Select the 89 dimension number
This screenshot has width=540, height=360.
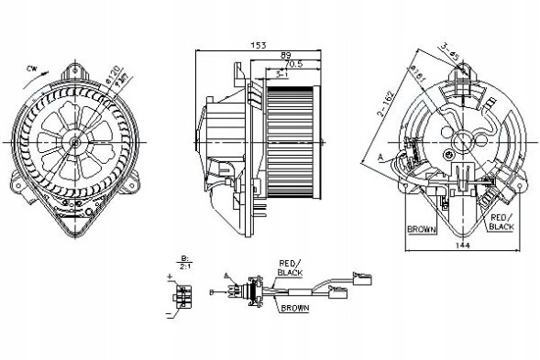click(286, 56)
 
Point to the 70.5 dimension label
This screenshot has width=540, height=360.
click(295, 65)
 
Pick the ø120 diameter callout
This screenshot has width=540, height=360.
click(115, 69)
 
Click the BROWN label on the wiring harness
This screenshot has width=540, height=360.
click(293, 308)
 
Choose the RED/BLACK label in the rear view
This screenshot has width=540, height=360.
click(501, 220)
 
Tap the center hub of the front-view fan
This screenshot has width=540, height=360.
click(72, 142)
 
